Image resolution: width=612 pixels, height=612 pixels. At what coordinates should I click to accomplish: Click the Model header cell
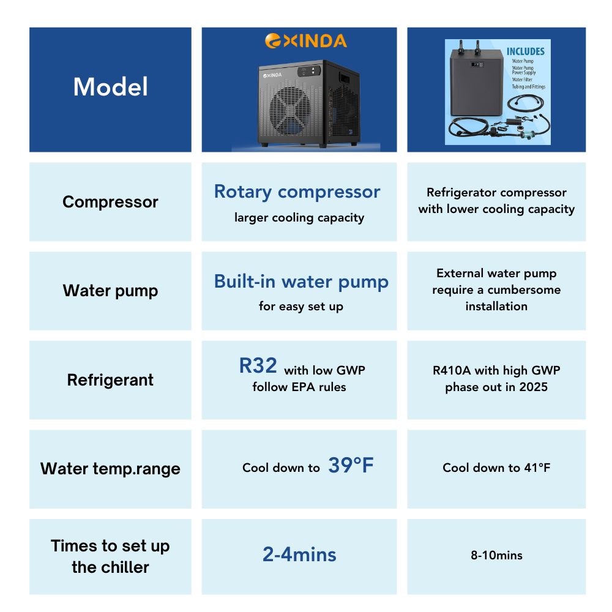[x=110, y=87]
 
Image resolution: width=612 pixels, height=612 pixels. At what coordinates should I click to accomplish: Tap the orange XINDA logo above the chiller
[x=305, y=41]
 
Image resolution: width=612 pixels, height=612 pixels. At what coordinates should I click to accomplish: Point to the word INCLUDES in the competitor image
[x=525, y=52]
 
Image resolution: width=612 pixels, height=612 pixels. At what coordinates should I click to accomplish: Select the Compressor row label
[x=110, y=202]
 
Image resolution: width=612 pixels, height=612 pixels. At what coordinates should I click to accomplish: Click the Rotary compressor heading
[x=297, y=192]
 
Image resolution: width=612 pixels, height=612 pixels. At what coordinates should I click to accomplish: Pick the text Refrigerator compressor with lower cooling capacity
[x=496, y=201]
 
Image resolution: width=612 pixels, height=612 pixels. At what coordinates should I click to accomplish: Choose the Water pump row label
[x=110, y=291]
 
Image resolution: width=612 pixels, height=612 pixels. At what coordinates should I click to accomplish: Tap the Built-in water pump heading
[x=301, y=282]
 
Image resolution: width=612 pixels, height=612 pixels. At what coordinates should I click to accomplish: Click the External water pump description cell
[x=496, y=289]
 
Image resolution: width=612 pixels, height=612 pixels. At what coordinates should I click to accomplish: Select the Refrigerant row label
[x=110, y=380]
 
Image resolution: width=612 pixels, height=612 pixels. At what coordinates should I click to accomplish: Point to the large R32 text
[x=258, y=366]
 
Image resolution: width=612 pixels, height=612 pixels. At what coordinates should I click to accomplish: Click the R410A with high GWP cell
[x=496, y=378]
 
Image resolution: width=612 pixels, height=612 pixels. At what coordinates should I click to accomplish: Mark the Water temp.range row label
[x=110, y=469]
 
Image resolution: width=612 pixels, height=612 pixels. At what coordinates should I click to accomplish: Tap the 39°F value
[x=351, y=466]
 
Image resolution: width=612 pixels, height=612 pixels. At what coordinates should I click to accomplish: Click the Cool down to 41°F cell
[x=496, y=468]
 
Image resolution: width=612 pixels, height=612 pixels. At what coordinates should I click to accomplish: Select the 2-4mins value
[x=299, y=554]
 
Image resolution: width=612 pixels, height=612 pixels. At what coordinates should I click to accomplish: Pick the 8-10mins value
[x=496, y=556]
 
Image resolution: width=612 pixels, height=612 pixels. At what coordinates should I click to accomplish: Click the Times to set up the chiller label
[x=110, y=556]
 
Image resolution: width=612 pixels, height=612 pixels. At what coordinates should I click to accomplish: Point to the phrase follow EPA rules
[x=299, y=387]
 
